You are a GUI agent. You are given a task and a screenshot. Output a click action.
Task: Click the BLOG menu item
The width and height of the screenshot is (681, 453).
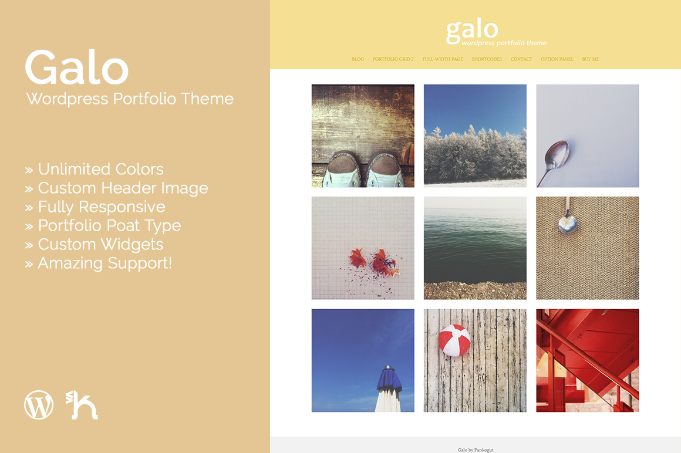[x=358, y=59]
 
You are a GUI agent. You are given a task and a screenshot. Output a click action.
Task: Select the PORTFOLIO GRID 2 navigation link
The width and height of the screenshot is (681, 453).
[x=393, y=59]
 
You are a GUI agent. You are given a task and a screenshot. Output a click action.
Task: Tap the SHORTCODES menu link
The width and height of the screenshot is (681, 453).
[x=487, y=59]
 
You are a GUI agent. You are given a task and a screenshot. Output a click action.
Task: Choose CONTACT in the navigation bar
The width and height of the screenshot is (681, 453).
[x=521, y=59]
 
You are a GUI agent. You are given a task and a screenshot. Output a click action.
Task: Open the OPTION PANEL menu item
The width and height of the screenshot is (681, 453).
[x=557, y=59]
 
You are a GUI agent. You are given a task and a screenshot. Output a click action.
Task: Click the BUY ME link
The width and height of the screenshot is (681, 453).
[x=591, y=59]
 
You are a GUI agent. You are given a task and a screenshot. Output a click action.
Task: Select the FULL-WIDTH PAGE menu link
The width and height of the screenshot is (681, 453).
[x=443, y=59]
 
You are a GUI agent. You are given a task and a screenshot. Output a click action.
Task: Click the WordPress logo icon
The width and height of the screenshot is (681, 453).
[x=39, y=405]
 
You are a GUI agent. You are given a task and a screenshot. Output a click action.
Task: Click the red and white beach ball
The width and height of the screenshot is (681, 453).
[x=454, y=340]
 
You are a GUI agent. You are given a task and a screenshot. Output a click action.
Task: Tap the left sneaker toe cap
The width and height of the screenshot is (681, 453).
[x=343, y=171]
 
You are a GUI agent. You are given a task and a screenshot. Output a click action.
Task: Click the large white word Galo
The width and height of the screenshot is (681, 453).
[x=77, y=67]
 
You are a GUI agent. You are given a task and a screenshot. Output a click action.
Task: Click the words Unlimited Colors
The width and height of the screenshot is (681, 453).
[x=101, y=169]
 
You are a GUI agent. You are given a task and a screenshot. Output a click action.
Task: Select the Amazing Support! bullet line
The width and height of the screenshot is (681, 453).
[x=98, y=263]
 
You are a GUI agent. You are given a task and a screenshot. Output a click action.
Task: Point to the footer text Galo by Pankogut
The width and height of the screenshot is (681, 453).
[x=476, y=450]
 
